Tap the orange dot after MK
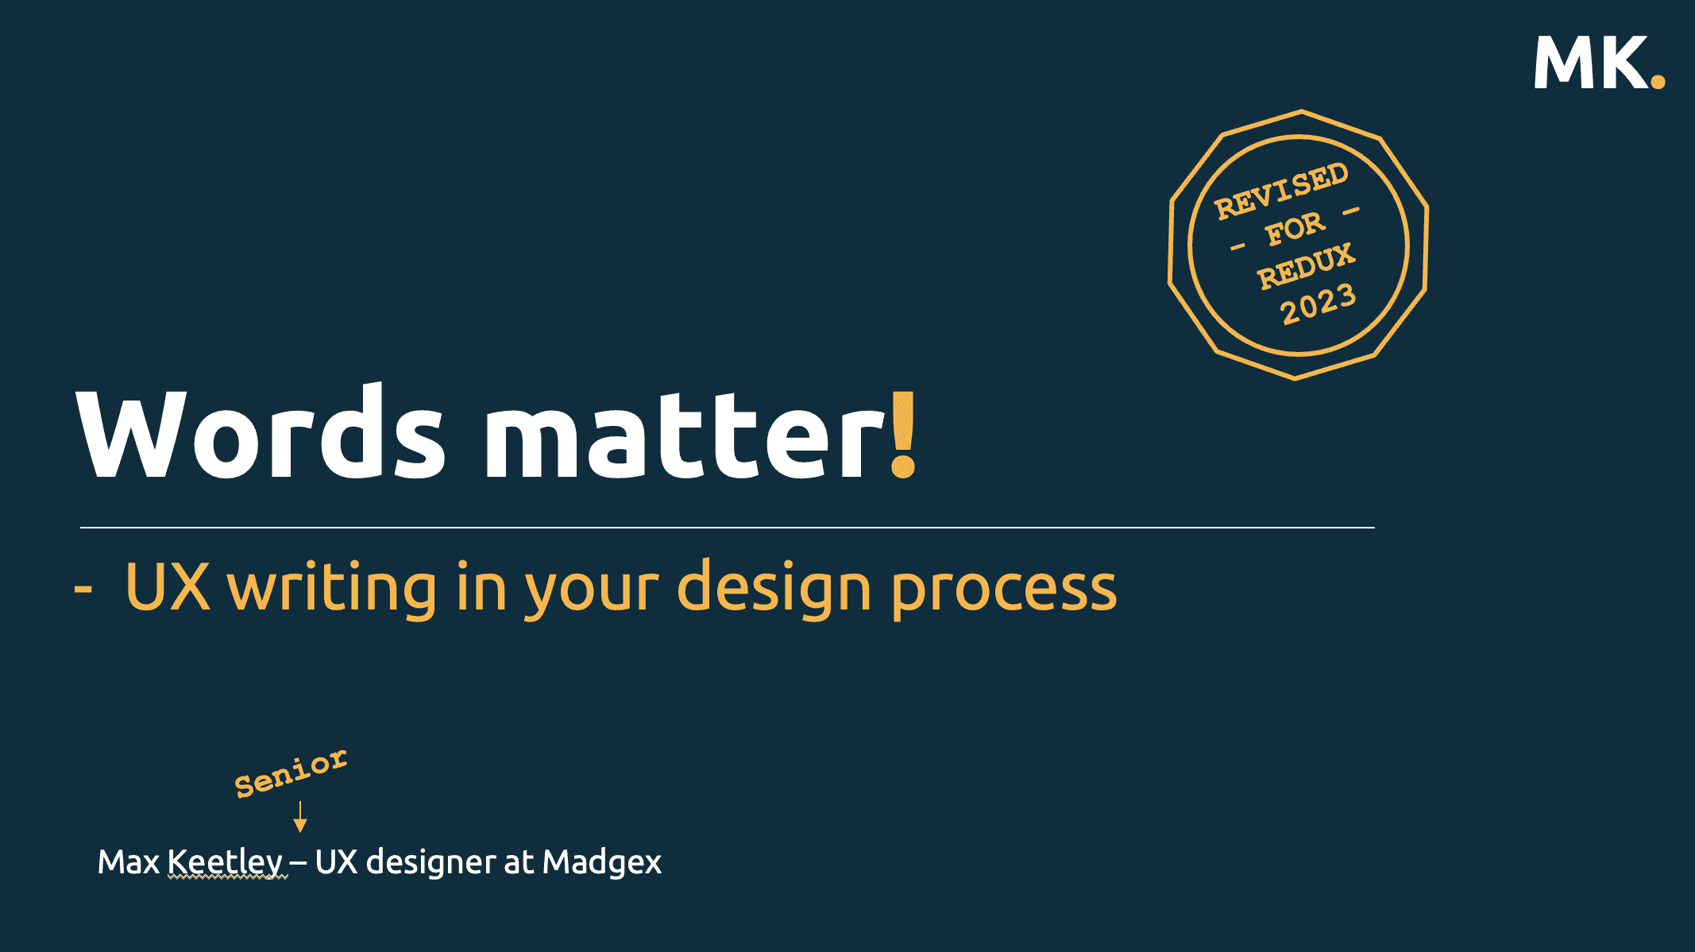1658,80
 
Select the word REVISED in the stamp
1281,191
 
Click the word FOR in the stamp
1295,229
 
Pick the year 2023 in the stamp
1319,304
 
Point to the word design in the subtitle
774,588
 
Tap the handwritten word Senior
291,772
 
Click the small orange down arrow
300,817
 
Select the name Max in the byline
128,862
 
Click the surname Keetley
226,863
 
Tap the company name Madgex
601,863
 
